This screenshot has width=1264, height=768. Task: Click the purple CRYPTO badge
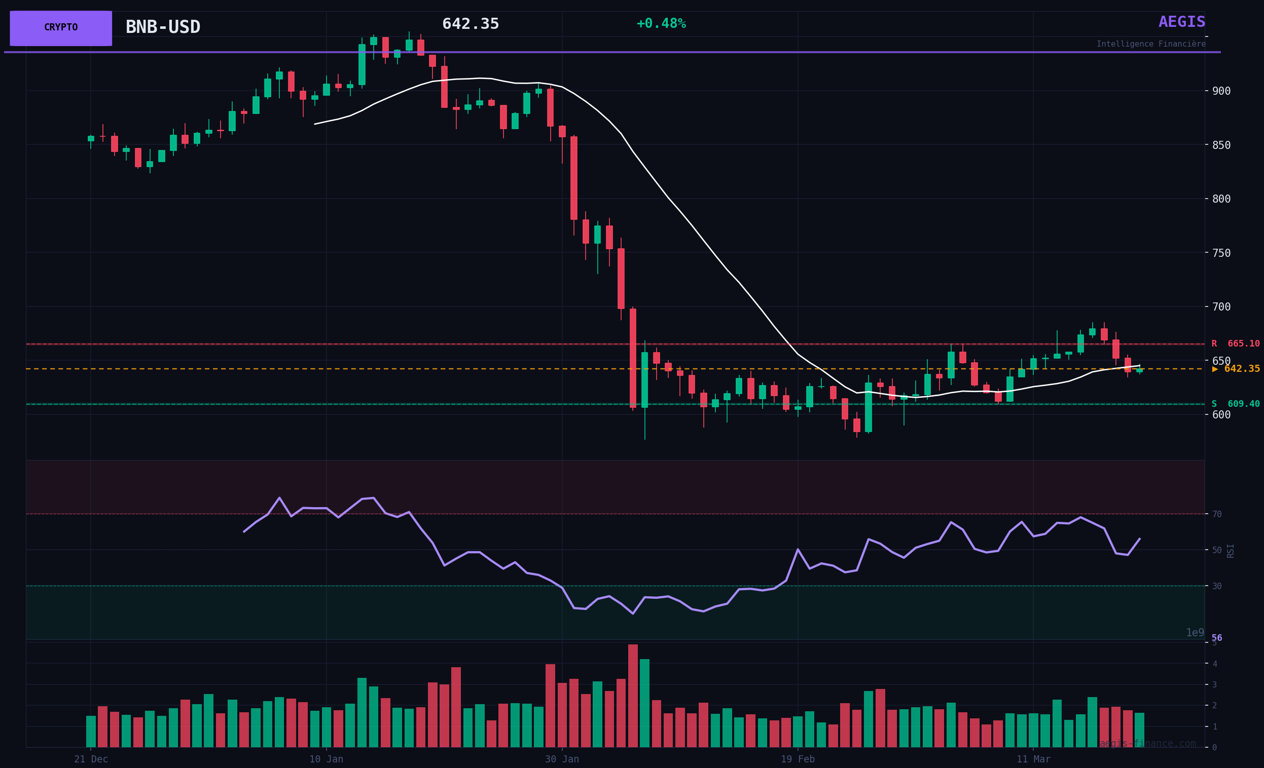click(x=60, y=28)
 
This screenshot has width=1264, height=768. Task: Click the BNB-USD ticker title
click(x=163, y=27)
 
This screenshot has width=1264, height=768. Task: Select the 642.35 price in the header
click(x=471, y=24)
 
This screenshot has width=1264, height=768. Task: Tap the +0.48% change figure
click(x=661, y=24)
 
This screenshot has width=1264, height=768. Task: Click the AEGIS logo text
click(x=1181, y=22)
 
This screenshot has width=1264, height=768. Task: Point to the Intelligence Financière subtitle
click(x=1150, y=44)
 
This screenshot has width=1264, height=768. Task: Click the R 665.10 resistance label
click(x=1235, y=343)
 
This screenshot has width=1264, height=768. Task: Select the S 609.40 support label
click(x=1235, y=404)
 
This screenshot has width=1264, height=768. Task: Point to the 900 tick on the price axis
click(x=1221, y=91)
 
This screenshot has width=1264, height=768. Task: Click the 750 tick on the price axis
click(x=1221, y=253)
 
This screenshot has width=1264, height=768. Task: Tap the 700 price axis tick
click(x=1221, y=306)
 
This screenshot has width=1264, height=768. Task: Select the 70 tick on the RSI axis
click(x=1217, y=514)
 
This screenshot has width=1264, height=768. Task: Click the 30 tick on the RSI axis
click(x=1217, y=586)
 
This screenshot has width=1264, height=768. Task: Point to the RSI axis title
click(x=1231, y=551)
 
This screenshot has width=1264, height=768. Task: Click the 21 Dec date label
click(x=91, y=759)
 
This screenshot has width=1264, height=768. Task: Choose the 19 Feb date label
click(x=798, y=759)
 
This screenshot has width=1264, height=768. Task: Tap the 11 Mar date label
click(x=1033, y=759)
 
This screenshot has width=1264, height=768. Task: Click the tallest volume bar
click(x=633, y=696)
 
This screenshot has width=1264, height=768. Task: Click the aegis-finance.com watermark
click(x=1147, y=743)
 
